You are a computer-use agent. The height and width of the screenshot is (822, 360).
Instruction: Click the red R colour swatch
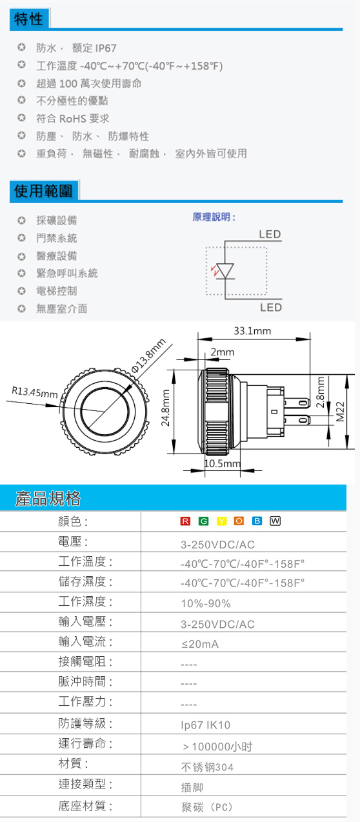[x=185, y=521]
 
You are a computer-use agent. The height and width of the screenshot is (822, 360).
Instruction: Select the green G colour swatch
[x=203, y=521]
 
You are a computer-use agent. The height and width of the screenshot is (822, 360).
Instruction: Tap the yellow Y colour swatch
[x=221, y=521]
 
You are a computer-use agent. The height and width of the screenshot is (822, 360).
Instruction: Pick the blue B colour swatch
[x=257, y=521]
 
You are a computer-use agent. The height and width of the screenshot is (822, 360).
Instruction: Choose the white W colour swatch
[x=275, y=521]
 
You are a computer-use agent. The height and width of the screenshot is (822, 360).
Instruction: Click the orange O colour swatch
[x=239, y=521]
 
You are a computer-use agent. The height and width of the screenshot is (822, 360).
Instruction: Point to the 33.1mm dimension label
[x=252, y=331]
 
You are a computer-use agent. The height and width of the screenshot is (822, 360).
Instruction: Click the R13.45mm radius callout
[x=35, y=392]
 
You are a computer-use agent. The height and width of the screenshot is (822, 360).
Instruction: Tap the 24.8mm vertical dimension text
[x=166, y=408]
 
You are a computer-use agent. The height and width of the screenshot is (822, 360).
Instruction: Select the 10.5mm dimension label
[x=223, y=463]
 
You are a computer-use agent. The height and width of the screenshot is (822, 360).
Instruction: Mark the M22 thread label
[x=341, y=412]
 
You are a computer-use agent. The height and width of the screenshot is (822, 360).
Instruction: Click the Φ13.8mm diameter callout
[x=148, y=356]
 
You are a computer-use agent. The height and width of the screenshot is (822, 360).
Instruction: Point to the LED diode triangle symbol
[x=225, y=271]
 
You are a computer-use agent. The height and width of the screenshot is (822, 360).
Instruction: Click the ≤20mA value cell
[x=200, y=644]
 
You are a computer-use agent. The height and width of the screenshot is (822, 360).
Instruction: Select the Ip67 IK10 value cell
[x=206, y=725]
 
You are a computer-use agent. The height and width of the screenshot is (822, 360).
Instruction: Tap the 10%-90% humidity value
[x=206, y=604]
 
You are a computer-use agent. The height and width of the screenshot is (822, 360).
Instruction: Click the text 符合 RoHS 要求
[x=73, y=119]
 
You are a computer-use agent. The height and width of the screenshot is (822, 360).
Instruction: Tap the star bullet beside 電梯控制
[x=22, y=291]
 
